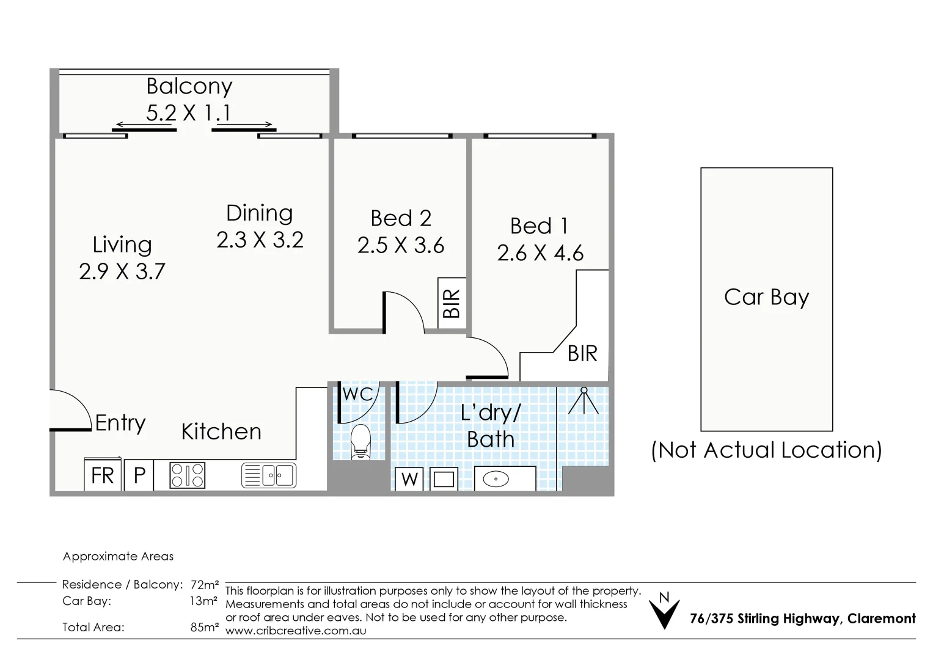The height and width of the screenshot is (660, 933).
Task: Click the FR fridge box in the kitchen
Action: click(x=102, y=475)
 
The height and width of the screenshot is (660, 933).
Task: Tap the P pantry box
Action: click(x=139, y=475)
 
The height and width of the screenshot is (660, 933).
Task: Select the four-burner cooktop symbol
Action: click(x=188, y=475)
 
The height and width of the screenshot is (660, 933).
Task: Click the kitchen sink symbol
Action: click(x=269, y=475)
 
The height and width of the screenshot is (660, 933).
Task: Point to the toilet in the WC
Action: click(x=360, y=441)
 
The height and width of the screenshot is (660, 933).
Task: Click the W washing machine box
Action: click(x=409, y=479)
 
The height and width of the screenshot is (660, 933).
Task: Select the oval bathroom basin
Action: click(x=496, y=479)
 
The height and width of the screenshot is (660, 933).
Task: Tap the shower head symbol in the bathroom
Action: click(x=584, y=401)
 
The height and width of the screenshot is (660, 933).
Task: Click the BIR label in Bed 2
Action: click(x=451, y=303)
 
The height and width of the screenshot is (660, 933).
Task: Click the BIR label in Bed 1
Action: click(x=582, y=353)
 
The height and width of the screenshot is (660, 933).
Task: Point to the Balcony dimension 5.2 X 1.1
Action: click(x=188, y=113)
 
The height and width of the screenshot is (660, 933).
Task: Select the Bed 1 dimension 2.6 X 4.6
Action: click(x=540, y=253)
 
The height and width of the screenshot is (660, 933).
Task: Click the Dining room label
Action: click(x=260, y=213)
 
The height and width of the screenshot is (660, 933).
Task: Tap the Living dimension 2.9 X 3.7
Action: click(x=122, y=271)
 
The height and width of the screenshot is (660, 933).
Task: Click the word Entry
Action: click(x=120, y=423)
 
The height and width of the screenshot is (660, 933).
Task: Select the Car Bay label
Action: click(x=766, y=297)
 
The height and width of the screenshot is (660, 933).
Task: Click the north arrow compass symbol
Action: click(x=664, y=611)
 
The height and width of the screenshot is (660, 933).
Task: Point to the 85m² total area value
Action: click(x=204, y=627)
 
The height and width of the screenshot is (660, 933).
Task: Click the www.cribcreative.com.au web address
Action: click(x=296, y=631)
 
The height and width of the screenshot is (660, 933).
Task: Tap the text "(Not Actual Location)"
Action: click(x=766, y=450)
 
